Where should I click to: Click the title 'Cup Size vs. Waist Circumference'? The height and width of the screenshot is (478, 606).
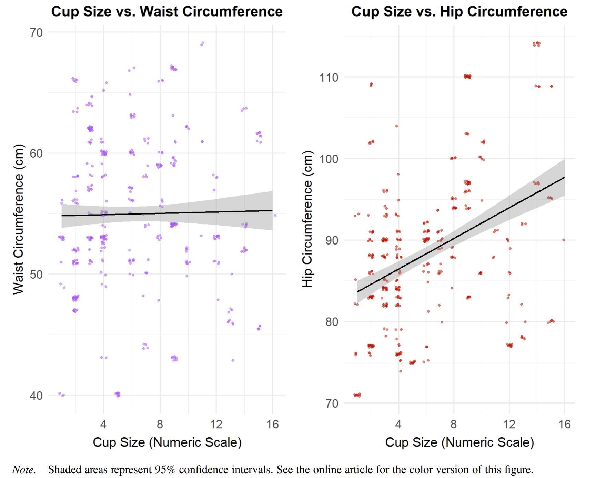pos(167,11)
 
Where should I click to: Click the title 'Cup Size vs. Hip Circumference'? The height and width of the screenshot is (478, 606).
pos(459,11)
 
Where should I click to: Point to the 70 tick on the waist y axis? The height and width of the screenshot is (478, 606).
pos(36,33)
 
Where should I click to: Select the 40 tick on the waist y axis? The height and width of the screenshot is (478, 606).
pos(36,396)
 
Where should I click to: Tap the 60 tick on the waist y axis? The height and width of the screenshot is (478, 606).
pos(36,153)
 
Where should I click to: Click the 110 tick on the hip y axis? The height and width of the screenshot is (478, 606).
pos(329,78)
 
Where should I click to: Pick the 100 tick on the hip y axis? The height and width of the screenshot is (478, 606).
pos(329,159)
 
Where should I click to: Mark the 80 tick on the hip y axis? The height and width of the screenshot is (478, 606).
pos(332,322)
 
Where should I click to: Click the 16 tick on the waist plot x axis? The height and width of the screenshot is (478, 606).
pos(272,424)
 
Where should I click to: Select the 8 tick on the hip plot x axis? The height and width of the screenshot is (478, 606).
pos(454,424)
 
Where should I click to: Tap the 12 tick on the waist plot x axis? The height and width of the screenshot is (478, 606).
pos(216,424)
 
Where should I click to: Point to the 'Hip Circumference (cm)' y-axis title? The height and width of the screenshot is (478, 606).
pos(307,219)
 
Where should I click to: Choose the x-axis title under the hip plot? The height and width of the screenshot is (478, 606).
pos(459,442)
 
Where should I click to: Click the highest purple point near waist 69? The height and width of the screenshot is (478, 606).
pos(202,43)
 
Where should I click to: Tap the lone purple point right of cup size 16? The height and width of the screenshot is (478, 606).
pos(275,215)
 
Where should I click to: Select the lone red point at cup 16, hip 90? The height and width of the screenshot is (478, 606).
pos(564,240)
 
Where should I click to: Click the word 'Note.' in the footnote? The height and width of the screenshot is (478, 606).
pos(24,470)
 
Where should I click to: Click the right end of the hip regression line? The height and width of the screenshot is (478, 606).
pos(564,177)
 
